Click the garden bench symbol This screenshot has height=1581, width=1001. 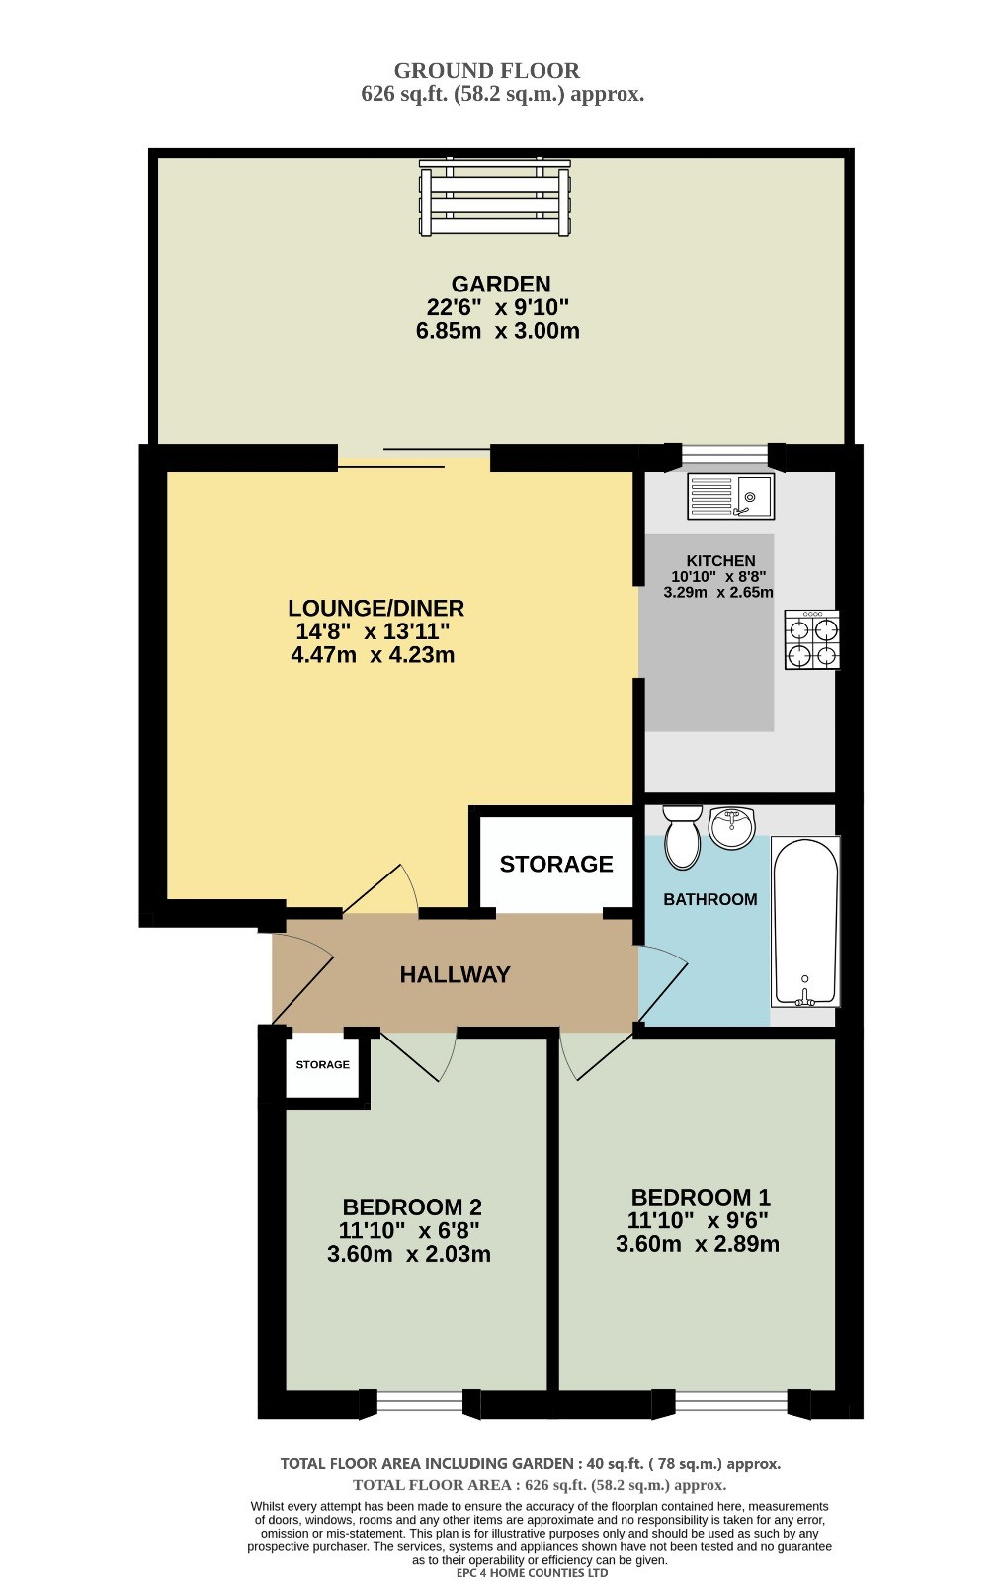[x=494, y=198]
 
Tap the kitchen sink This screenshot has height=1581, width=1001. [x=730, y=496]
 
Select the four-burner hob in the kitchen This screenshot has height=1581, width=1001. [x=812, y=639]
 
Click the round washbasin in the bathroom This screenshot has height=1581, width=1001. [x=732, y=828]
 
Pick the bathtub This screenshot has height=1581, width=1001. [x=804, y=921]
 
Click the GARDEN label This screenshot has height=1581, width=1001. [x=500, y=284]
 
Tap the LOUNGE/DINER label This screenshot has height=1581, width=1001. [x=375, y=608]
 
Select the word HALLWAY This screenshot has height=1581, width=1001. [x=455, y=974]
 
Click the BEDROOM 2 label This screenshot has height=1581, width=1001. [x=412, y=1207]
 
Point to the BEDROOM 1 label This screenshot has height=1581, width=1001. [x=701, y=1197]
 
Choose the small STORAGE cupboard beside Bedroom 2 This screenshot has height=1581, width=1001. [x=322, y=1065]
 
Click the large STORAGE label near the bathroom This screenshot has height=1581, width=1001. [x=556, y=864]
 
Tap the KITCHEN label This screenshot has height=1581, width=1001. [x=720, y=560]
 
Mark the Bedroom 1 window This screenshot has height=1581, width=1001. [x=730, y=1403]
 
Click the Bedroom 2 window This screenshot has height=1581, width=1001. [x=420, y=1403]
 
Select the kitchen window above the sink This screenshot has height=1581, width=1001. [x=725, y=455]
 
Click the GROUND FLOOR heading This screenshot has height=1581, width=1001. [x=487, y=70]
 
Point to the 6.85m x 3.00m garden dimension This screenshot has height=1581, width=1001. [x=498, y=330]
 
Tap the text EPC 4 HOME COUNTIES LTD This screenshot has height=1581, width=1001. [x=533, y=1572]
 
